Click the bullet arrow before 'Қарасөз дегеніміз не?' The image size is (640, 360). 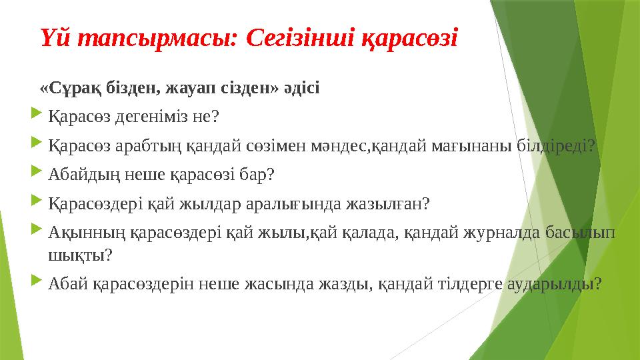coord(38,117)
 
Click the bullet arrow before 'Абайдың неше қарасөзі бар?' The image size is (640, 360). coord(38,174)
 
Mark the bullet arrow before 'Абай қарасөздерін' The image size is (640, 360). coord(38,283)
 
